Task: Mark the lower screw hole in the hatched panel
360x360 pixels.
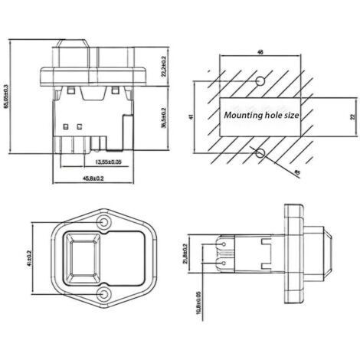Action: coord(261,153)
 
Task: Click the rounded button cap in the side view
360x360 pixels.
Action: coord(328,257)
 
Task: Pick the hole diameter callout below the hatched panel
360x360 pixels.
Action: coord(297,174)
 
